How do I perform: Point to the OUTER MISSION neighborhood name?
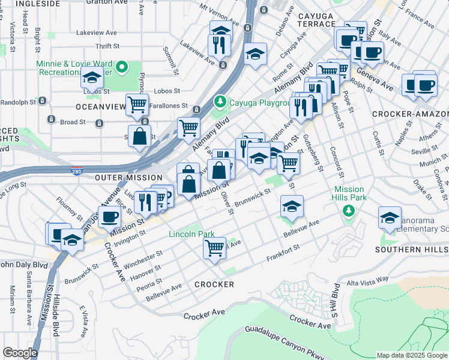[128, 178]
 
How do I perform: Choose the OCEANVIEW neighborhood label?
[99, 106]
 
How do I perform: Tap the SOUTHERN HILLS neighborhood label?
[412, 249]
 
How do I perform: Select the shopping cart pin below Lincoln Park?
[214, 247]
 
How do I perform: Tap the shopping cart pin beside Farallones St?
[137, 104]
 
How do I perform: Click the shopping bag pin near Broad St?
[139, 136]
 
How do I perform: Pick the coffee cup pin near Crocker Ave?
[109, 216]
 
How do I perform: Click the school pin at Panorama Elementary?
[390, 217]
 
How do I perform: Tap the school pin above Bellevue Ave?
[292, 206]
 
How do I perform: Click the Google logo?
[20, 353]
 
